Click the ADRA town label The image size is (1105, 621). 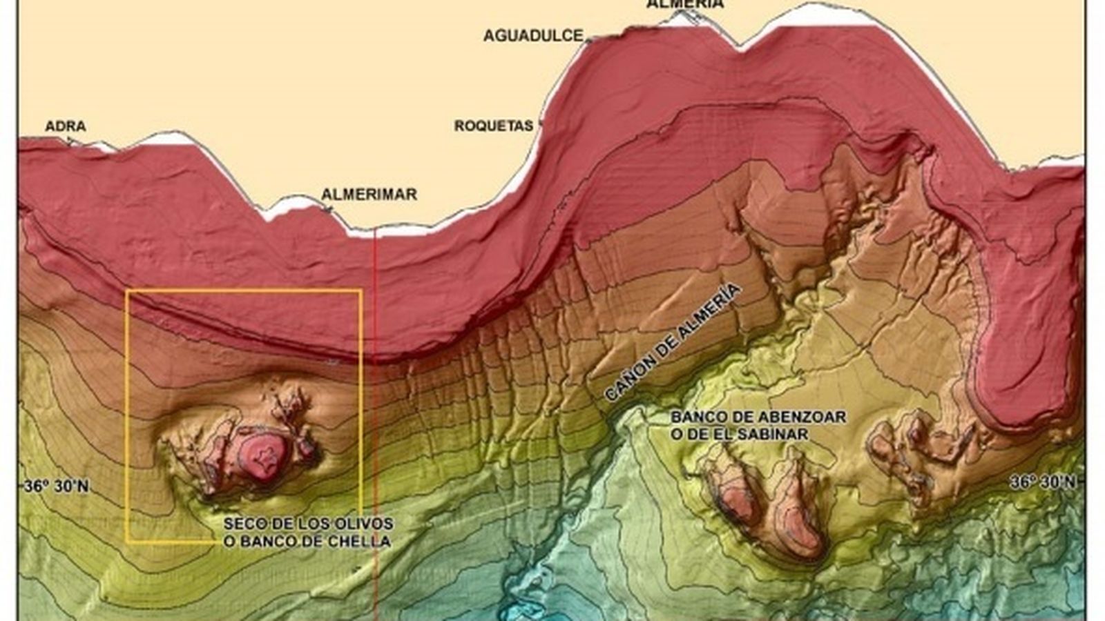coord(66,126)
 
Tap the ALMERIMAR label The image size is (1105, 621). coord(369,195)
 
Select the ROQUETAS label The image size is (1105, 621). coord(493,126)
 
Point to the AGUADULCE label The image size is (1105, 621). coord(532,36)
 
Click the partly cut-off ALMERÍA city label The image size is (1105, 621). coord(685,4)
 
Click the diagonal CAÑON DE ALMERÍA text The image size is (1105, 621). coord(671,343)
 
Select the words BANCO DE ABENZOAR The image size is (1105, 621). coord(758,417)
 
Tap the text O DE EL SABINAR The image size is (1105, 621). coord(739,435)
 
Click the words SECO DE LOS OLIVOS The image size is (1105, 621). coord(308,523)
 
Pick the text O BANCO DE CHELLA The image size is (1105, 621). coord(307,541)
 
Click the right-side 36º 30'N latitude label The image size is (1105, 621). coord(1042,482)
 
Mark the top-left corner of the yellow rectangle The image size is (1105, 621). coord(127,291)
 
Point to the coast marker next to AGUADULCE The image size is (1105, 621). coord(588,40)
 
